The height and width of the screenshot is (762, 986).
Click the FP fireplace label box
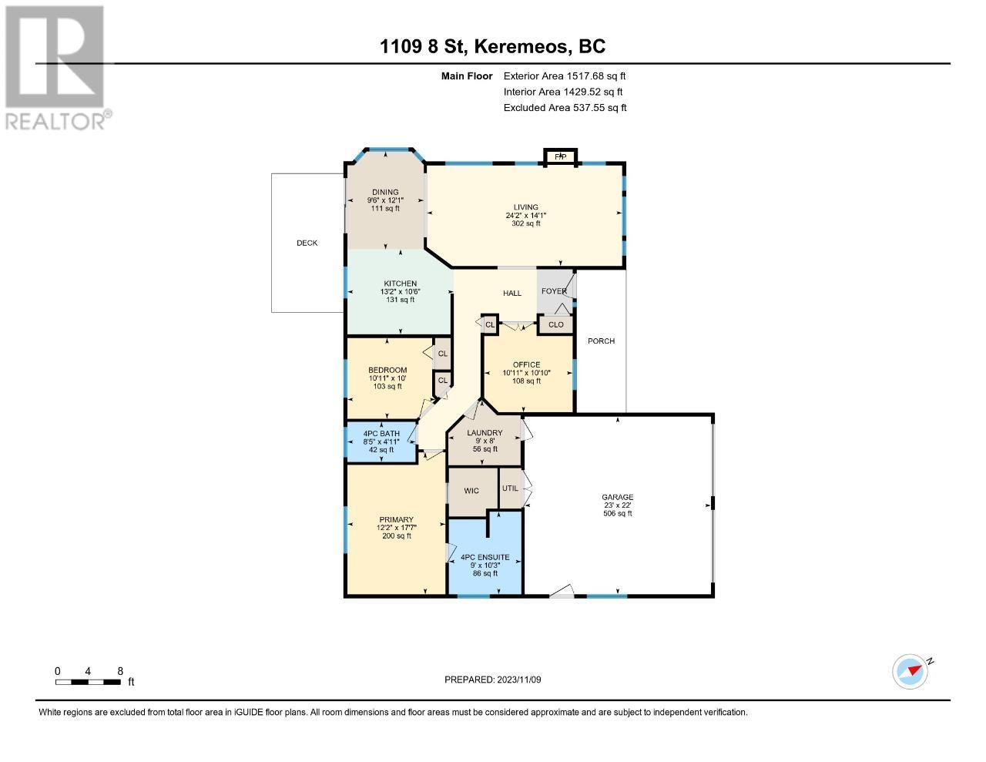pos(560,156)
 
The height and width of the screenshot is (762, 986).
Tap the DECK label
pos(307,243)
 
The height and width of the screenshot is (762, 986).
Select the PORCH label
pos(601,341)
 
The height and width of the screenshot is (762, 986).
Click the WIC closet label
pos(471,491)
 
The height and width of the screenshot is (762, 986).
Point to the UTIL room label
pos(510,488)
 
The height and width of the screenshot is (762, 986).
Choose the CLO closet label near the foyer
pos(556,324)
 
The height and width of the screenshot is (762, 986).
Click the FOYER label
pos(554,291)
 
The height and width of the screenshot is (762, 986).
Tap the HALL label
pos(512,294)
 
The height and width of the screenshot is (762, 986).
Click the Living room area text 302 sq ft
pos(526,223)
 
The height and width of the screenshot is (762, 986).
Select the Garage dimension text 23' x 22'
pos(617,505)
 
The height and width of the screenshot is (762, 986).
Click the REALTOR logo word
pos(55,121)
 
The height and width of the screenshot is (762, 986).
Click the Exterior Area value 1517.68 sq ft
pos(595,76)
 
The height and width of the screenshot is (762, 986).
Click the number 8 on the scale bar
pos(120,671)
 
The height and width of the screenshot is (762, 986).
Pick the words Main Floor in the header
pos(467,76)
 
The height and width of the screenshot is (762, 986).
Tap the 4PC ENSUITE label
pos(485,557)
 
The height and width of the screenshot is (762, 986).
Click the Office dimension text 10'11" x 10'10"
pos(526,373)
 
